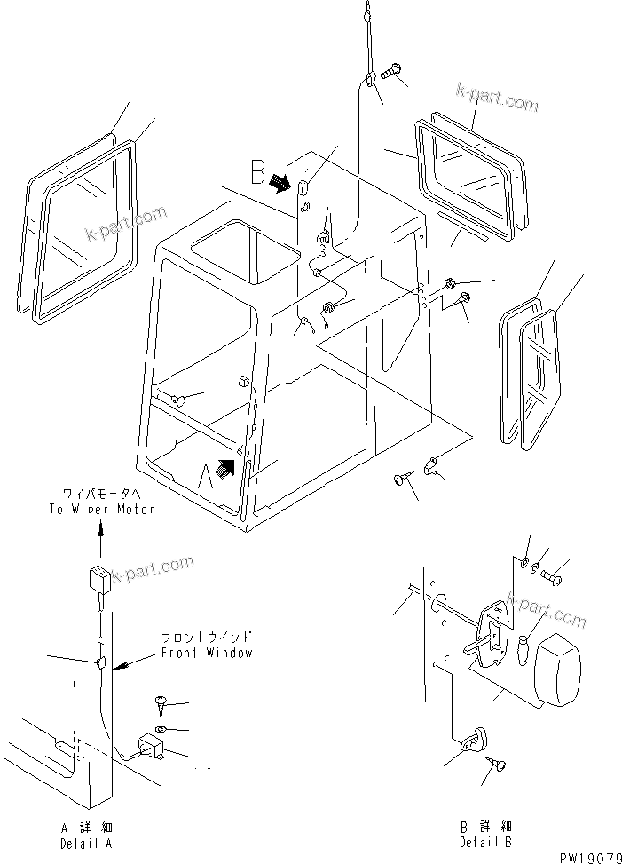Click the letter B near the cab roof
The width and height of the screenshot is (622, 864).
point(257,170)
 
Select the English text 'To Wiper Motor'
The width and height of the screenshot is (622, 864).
point(101,509)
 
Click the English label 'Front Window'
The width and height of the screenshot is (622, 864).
point(207,653)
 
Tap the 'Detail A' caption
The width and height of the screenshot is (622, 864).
point(86,843)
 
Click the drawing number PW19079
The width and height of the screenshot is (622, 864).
point(588,857)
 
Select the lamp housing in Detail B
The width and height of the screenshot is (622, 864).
point(560,673)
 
